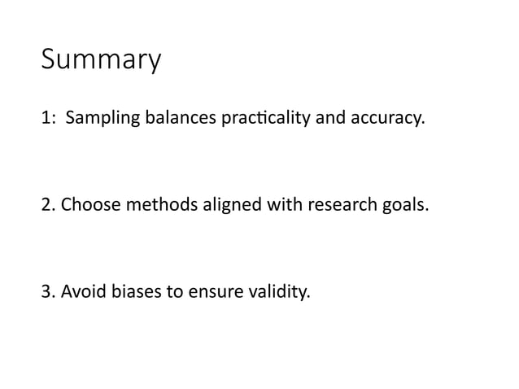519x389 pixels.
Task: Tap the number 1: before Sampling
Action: coord(49,119)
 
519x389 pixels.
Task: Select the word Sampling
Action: coord(97,120)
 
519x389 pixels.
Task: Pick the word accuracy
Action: coord(386,120)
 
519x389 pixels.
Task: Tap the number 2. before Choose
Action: coord(48,203)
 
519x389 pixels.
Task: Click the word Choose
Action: coord(87,203)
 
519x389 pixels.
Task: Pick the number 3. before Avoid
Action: coord(48,289)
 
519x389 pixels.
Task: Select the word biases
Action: coord(129,289)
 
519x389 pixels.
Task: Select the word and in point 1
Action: coord(330,119)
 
